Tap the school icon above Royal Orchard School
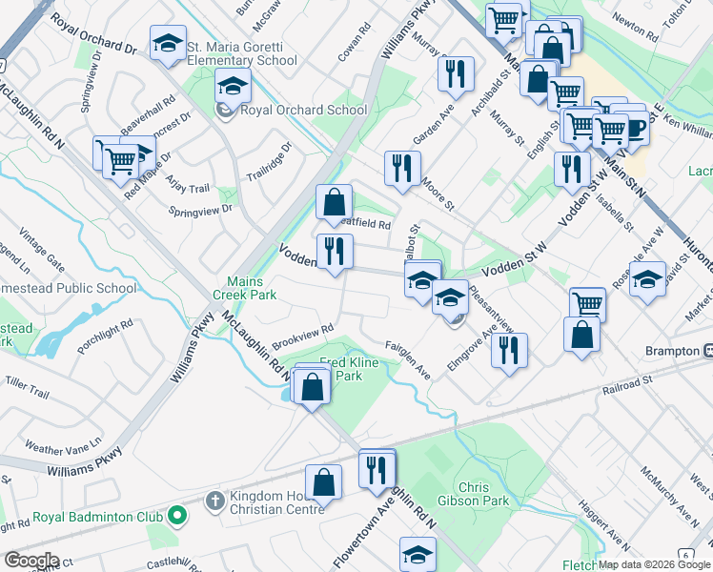tap(233, 87)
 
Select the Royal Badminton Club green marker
tap(176, 516)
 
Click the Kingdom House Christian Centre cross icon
tap(214, 500)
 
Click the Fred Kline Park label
tap(348, 369)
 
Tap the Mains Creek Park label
tap(252, 288)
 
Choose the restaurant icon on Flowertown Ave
tap(377, 468)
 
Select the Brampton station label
tap(671, 351)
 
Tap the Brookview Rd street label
tap(301, 337)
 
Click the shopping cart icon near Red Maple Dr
tap(119, 159)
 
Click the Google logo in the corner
tap(31, 561)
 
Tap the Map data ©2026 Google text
tap(654, 564)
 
